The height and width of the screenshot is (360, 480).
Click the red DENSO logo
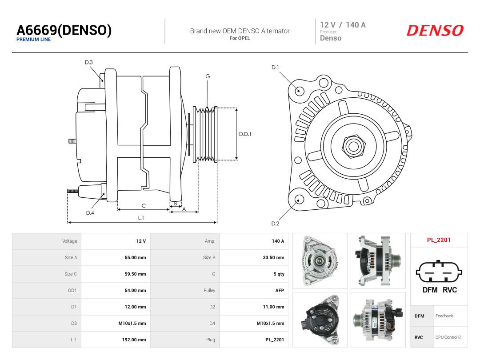pos(435,31)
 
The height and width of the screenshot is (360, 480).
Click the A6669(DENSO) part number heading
pos(64,30)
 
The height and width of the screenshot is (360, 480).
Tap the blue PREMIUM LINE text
pos(33,40)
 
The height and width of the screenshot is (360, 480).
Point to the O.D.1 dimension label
pos(245,134)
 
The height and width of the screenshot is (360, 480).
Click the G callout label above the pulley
pos(208,76)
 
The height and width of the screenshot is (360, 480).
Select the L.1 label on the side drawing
pos(141,218)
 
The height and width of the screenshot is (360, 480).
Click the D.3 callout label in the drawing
pos(89,63)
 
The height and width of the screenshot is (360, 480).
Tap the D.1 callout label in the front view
pos(275,68)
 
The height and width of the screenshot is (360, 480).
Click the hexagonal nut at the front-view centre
pos(354,146)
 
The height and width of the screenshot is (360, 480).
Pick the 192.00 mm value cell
pos(134,340)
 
